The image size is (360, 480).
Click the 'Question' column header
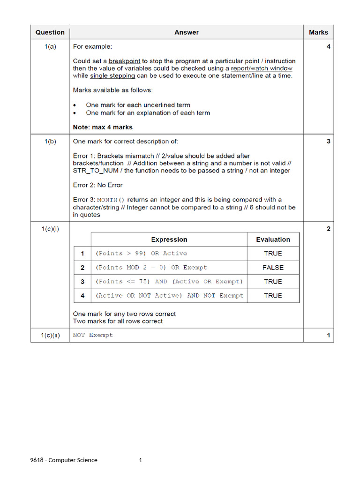coord(50,32)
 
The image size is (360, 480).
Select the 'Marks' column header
coord(318,32)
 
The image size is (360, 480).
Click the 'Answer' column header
coord(187,32)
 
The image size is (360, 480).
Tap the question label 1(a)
coord(50,46)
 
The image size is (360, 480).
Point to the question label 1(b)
coord(50,141)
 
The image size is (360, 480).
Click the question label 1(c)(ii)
coord(50,335)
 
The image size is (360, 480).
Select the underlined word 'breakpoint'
coord(125,61)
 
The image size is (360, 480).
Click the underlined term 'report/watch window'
coord(262,68)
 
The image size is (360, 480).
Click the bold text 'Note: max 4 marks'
coord(103,127)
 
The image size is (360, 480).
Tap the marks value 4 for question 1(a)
coord(328,46)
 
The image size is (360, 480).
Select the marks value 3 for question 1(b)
coord(328,141)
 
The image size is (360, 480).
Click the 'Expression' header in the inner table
coord(169,240)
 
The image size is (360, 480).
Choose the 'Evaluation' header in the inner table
coord(273,240)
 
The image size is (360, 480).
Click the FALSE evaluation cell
coord(273,268)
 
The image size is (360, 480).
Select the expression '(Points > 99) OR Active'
coord(141,254)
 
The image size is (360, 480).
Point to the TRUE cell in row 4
coord(273,296)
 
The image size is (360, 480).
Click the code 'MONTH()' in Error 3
coord(111,200)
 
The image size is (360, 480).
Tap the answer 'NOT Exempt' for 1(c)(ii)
coord(93,335)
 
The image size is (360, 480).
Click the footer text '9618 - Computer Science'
coord(64,460)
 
